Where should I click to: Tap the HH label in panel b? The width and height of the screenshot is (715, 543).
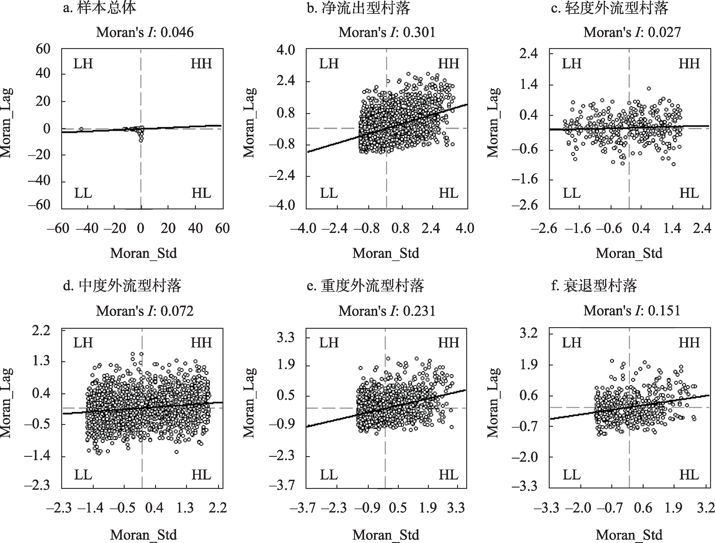(448, 64)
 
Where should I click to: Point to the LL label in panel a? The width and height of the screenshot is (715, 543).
(83, 194)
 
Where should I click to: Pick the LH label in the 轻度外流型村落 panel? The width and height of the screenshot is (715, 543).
(571, 64)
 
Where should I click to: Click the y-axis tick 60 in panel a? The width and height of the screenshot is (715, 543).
(43, 49)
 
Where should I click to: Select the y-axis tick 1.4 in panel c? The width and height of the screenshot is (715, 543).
(529, 85)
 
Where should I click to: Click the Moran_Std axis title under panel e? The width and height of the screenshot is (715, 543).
(386, 535)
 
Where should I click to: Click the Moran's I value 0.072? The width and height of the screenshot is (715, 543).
(177, 311)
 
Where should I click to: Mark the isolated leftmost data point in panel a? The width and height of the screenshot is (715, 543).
(81, 129)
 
